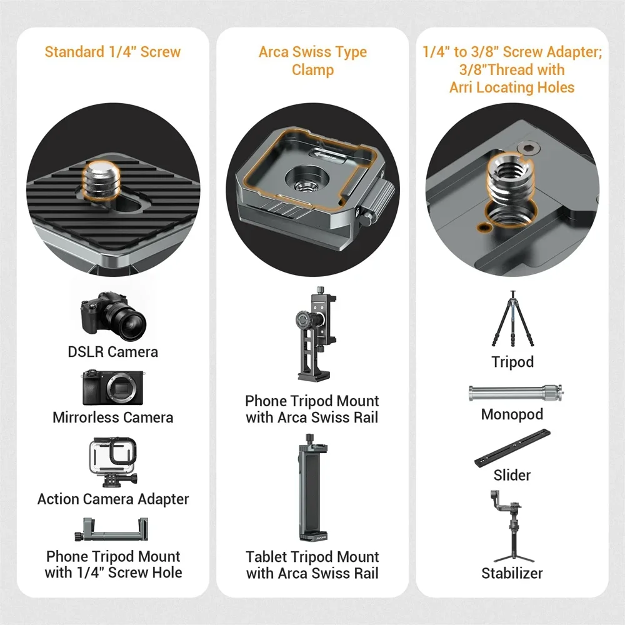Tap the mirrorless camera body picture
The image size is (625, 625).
(112, 387)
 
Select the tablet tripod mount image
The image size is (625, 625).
(312, 487)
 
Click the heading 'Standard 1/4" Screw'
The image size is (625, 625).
(112, 51)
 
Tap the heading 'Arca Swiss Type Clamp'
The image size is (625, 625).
(312, 61)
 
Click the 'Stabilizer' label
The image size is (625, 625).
(512, 573)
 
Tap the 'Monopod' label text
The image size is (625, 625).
(512, 414)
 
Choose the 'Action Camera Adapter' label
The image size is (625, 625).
(113, 499)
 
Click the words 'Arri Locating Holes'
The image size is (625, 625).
(512, 87)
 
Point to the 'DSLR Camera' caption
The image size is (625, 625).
(113, 352)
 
